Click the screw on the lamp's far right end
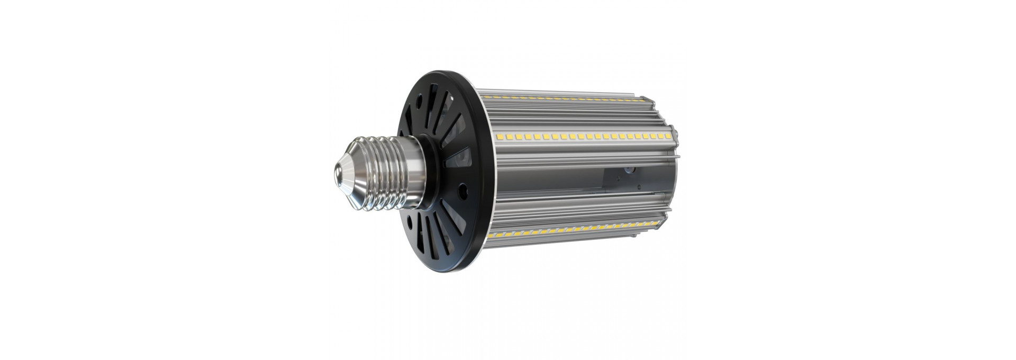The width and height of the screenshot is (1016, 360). pos(675,130)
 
